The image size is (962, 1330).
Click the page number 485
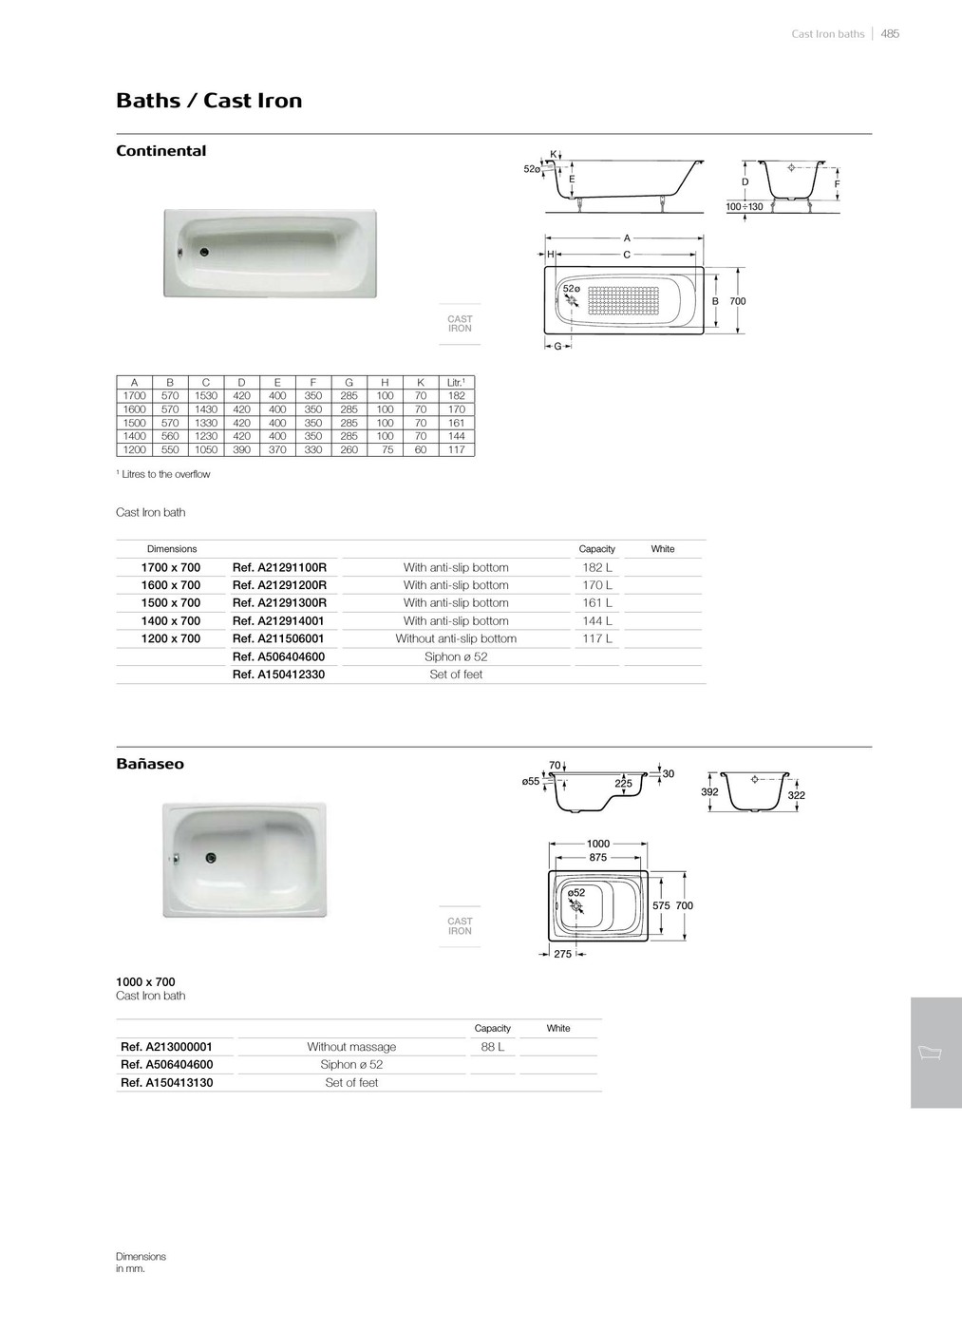click(x=890, y=34)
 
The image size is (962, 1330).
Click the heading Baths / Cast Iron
click(x=209, y=101)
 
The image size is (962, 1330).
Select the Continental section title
click(x=160, y=151)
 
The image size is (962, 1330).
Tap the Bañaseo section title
click(x=150, y=764)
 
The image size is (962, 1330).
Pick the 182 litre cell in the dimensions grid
click(x=456, y=396)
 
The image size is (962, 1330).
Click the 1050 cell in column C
click(x=206, y=450)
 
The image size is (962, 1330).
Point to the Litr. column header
click(x=456, y=383)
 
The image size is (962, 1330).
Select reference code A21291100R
click(x=279, y=568)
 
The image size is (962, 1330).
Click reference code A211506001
click(x=278, y=639)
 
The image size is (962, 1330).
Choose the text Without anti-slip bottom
click(x=456, y=639)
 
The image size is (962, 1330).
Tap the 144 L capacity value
click(x=597, y=621)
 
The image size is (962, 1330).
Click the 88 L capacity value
click(x=493, y=1047)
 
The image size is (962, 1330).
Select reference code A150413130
click(x=167, y=1083)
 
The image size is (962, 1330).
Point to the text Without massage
click(x=351, y=1047)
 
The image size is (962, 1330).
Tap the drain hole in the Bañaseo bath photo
click(x=211, y=858)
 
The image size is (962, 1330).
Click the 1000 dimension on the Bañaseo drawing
click(x=598, y=844)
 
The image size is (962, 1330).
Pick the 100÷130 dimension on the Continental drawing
click(x=745, y=206)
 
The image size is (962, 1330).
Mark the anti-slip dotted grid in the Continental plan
click(x=623, y=299)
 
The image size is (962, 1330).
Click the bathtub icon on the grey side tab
click(x=930, y=1054)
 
